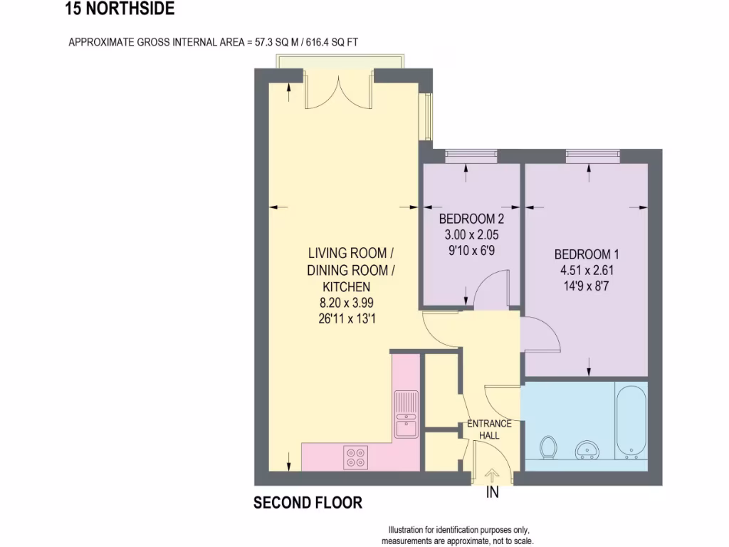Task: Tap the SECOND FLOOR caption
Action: coord(308,503)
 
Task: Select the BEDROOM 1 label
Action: coord(582,254)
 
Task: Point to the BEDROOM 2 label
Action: coord(471,219)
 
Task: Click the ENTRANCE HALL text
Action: coord(489,429)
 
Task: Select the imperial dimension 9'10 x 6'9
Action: coord(471,250)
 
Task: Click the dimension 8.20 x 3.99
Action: coord(347,303)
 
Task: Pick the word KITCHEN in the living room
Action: coord(347,287)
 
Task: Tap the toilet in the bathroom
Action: coord(548,448)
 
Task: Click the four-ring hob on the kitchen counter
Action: coord(356,457)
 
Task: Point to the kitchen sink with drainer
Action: coord(407,415)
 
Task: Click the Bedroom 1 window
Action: coord(592,155)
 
